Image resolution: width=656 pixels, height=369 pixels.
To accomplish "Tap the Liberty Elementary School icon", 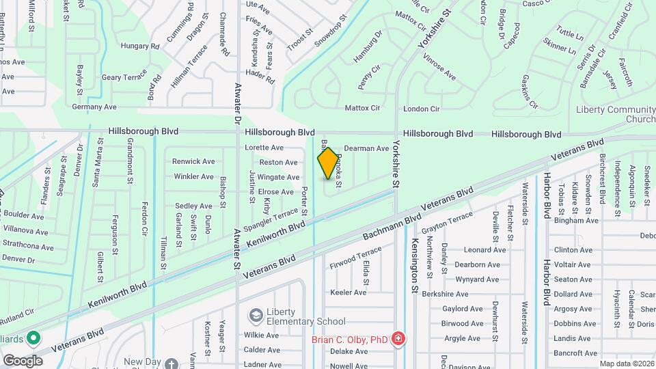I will (256, 316).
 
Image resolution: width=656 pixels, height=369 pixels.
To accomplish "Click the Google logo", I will (23, 360).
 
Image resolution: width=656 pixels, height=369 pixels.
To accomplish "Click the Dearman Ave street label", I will (366, 148).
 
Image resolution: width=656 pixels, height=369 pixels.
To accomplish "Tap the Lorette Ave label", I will (264, 148).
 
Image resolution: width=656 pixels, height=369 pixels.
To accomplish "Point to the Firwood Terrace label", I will (352, 260).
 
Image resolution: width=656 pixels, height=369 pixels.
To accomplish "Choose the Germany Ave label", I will (94, 107).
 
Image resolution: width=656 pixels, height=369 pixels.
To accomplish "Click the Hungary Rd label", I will (139, 46).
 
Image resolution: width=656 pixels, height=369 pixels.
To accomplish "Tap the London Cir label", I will (421, 109).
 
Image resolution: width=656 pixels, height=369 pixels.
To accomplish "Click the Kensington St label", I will (414, 266).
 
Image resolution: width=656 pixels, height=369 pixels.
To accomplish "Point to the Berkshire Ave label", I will (464, 294).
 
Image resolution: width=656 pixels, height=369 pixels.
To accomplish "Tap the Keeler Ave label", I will (348, 292).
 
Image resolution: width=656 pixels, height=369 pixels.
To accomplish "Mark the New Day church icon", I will (172, 364).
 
